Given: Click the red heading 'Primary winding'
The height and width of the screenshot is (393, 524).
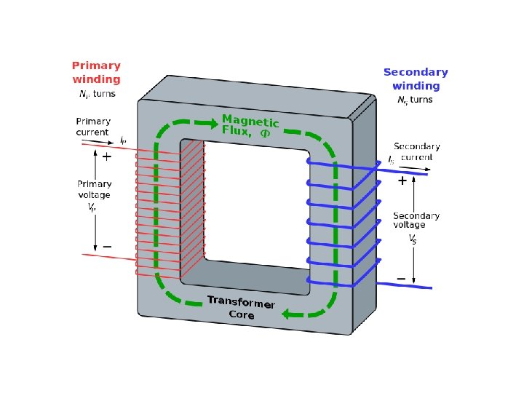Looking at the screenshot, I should coord(96,72).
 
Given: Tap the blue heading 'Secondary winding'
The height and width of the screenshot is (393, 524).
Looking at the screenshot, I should coord(416,79).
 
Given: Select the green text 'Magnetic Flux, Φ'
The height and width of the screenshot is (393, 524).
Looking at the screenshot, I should coord(250,127).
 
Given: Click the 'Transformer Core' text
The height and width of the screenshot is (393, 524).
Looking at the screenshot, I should coord(241,308).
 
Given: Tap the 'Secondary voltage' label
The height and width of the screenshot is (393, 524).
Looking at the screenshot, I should coord(416,221).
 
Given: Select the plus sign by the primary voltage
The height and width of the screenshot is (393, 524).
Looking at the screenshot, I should coord(106,156).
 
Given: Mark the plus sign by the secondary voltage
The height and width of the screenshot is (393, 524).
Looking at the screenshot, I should coord(401,181).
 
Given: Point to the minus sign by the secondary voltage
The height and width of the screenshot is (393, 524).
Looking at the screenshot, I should coord(401,279).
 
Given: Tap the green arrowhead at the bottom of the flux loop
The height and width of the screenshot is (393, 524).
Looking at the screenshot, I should coord(289,314).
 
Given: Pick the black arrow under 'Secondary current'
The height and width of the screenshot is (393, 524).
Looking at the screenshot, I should coord(416,167).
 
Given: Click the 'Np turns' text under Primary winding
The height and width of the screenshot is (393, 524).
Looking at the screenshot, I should coord(97,94).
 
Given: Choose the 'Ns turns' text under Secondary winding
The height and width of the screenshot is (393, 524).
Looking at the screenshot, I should coord(415,100).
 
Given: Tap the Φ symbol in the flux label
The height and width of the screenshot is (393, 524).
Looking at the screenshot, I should coord(265,134).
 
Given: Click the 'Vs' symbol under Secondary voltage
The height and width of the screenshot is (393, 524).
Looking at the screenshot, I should coord(413,237).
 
